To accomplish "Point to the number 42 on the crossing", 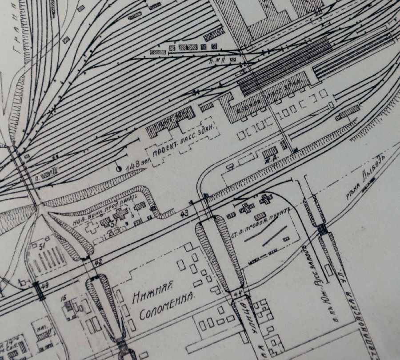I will point(99,262).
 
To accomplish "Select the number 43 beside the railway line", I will point(185,214).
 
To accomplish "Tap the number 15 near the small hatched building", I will point(64,297).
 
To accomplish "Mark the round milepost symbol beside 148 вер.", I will point(119,169).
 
